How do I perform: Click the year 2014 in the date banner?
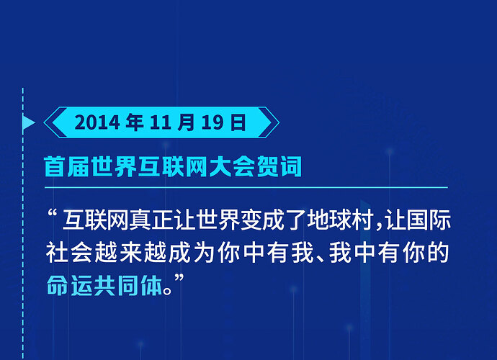(97, 122)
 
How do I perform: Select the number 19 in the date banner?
(212, 122)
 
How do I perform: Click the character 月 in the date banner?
(186, 122)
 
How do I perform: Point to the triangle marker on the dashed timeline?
(29, 122)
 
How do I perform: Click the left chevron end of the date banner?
(55, 122)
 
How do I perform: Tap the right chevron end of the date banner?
(268, 122)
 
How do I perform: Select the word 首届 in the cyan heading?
(67, 166)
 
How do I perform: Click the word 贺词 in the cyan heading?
(278, 166)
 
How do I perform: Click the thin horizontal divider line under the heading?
(246, 188)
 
